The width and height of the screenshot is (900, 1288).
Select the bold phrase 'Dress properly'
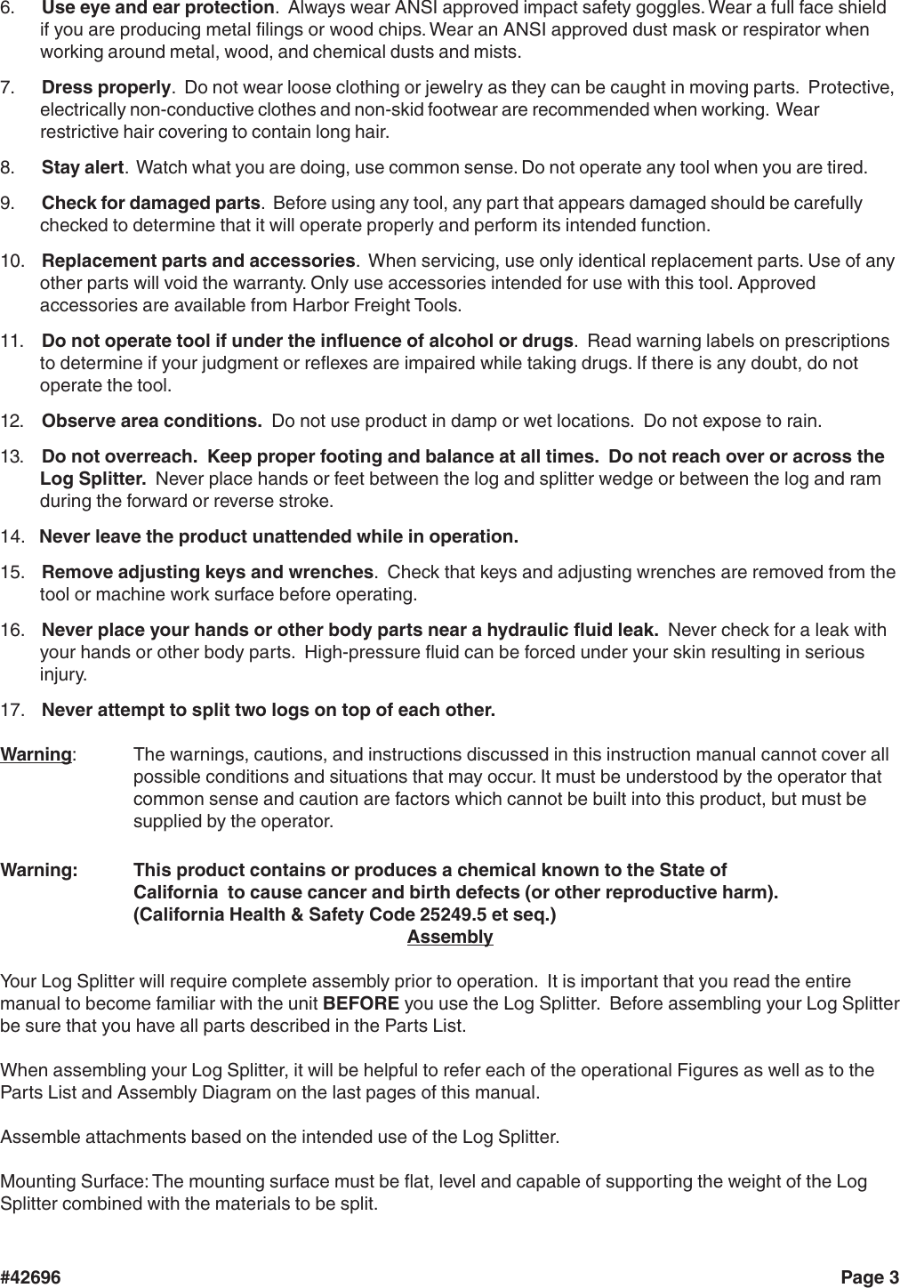point(106,88)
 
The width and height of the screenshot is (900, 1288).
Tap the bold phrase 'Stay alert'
point(83,168)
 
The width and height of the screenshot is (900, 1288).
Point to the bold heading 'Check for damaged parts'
point(151,204)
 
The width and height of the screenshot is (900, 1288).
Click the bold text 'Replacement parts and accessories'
point(198,262)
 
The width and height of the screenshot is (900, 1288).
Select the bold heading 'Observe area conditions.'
point(151,421)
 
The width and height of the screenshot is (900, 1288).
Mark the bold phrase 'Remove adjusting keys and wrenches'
point(207,572)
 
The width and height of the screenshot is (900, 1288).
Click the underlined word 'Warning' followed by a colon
point(36,755)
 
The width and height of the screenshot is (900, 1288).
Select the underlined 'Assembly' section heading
point(449,938)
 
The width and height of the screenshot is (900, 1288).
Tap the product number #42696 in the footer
point(31,1278)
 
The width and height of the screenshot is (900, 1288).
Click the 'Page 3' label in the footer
point(869,1278)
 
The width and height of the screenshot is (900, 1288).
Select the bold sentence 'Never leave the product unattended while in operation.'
point(279,537)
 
